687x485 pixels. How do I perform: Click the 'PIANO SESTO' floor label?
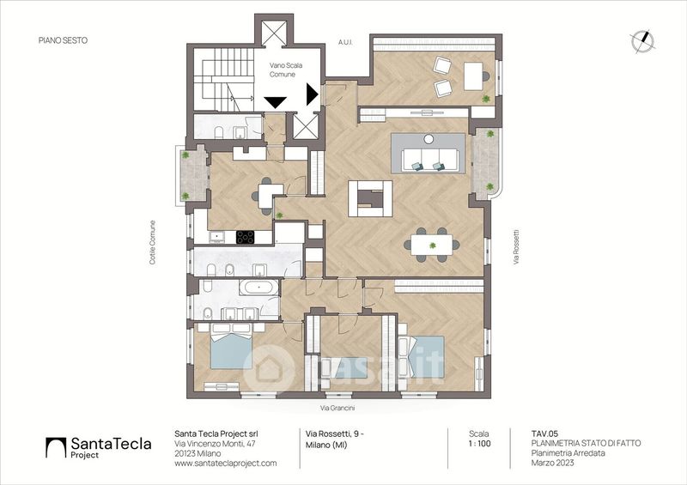(63, 40)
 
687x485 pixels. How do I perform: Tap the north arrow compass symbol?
(642, 41)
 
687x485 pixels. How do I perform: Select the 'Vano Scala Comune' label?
(286, 70)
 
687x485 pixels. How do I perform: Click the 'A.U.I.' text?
(345, 43)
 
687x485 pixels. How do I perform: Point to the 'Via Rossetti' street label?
(516, 246)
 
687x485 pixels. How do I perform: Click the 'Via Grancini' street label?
(337, 408)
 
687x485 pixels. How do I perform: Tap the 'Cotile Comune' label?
(153, 242)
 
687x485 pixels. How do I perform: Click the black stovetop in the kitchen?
(245, 237)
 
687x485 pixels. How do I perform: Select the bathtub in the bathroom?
(258, 288)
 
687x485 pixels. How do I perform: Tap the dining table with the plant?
(432, 245)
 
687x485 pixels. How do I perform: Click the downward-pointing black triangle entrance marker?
(276, 102)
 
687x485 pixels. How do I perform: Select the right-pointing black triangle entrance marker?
(312, 94)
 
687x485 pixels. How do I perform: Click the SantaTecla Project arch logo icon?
(56, 448)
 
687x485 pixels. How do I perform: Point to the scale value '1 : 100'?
(479, 444)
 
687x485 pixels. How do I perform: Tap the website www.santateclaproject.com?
(226, 463)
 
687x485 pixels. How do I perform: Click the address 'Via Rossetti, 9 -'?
(334, 433)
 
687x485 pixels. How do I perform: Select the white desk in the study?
(473, 76)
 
